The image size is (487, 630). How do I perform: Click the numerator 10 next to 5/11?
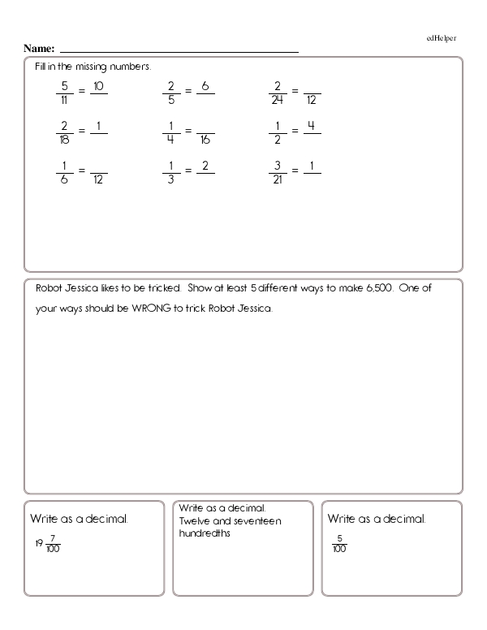(x=98, y=85)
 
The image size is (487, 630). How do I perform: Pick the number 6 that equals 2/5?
(x=205, y=85)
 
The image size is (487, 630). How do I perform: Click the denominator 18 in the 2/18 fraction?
(x=62, y=140)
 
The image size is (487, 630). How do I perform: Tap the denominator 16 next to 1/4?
(x=205, y=140)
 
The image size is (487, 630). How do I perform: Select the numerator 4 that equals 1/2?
(x=312, y=126)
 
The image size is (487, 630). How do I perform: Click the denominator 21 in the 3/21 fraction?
(x=278, y=179)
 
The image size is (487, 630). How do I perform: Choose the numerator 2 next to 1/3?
(x=205, y=166)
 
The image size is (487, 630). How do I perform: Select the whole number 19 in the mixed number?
(x=38, y=544)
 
